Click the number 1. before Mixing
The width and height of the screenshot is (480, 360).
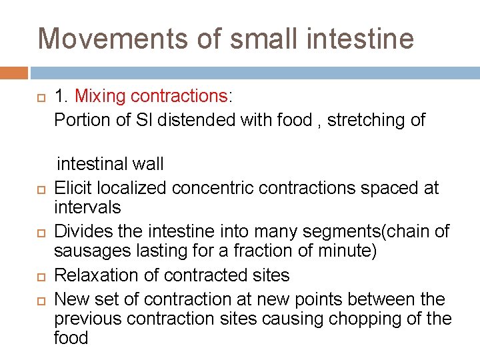(62, 96)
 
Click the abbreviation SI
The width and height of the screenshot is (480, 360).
(157, 120)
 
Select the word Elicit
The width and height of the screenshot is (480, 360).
(75, 188)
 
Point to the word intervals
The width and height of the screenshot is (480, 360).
(87, 207)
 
